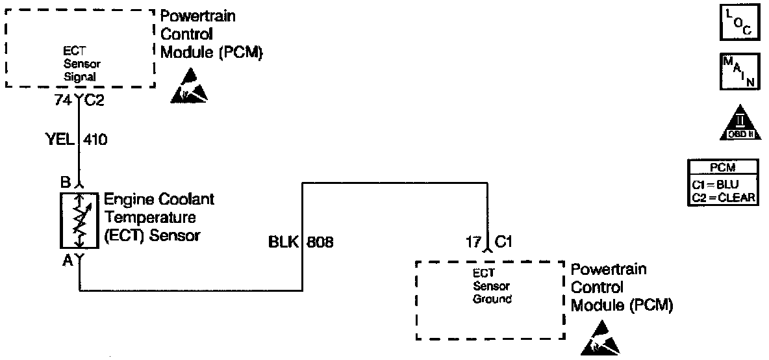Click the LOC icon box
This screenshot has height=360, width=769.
tap(738, 23)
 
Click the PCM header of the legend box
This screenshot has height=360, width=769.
tap(722, 166)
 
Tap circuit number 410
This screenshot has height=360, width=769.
tap(95, 138)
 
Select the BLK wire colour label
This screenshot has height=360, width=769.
tap(283, 243)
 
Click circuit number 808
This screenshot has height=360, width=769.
tap(320, 243)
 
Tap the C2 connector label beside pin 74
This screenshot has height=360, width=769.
tap(91, 100)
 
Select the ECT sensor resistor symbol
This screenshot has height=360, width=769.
tap(78, 220)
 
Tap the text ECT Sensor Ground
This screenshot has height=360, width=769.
tap(492, 287)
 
